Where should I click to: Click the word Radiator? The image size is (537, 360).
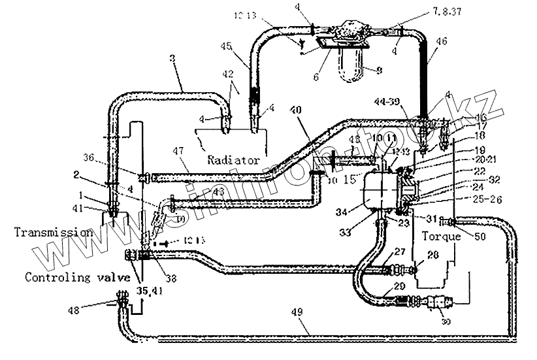tap(233, 159)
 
